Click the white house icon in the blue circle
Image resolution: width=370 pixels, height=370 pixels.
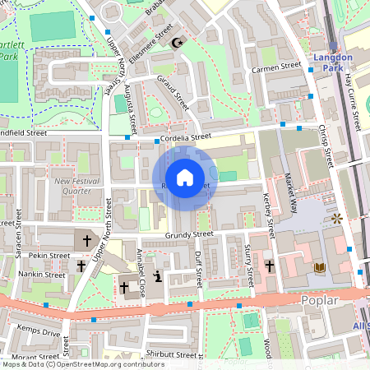pyautogui.click(x=184, y=177)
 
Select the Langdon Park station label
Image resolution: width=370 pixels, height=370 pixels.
pyautogui.click(x=333, y=62)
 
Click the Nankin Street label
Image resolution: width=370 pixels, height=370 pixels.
pyautogui.click(x=42, y=274)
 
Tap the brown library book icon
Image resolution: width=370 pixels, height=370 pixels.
pyautogui.click(x=320, y=268)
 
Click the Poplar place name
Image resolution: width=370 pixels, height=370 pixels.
pyautogui.click(x=319, y=300)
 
